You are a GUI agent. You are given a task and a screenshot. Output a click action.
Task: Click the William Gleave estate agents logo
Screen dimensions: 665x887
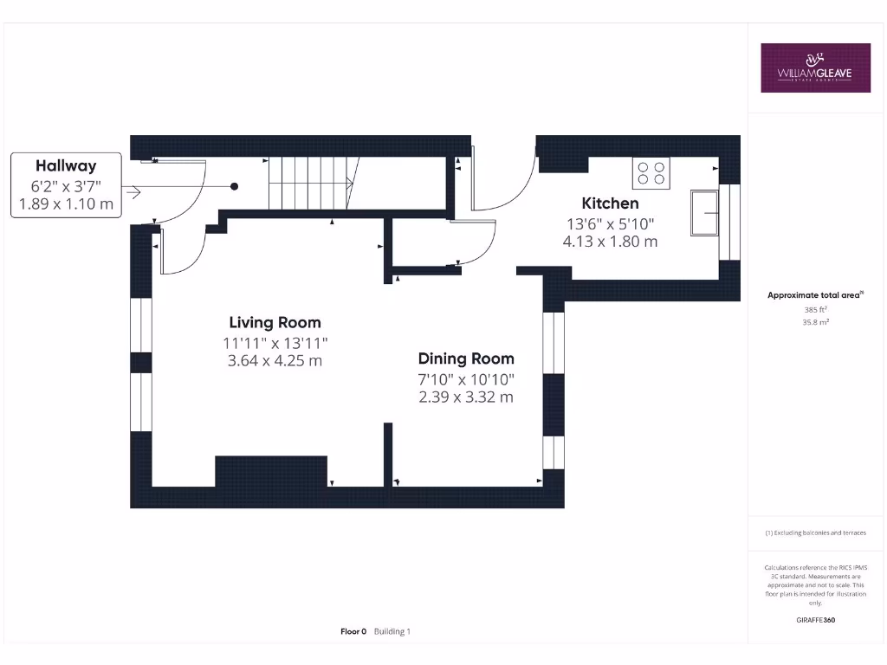click(x=815, y=68)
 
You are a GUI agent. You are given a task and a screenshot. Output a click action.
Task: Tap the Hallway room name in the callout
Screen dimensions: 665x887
click(x=66, y=165)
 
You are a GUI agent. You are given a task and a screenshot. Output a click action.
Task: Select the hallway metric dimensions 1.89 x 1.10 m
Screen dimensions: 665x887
click(x=66, y=204)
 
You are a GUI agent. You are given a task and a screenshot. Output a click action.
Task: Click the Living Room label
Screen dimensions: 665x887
click(x=275, y=323)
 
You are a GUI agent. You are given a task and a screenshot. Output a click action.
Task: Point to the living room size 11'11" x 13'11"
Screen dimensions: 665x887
click(x=275, y=343)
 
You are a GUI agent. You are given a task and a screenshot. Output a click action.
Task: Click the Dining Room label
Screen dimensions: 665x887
click(x=466, y=358)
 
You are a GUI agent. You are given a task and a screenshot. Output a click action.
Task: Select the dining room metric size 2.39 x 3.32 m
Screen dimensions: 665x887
click(x=466, y=397)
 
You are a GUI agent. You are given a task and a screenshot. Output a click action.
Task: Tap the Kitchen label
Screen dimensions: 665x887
click(x=610, y=203)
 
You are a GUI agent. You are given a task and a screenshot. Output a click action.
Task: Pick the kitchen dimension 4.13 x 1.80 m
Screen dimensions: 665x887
click(x=610, y=242)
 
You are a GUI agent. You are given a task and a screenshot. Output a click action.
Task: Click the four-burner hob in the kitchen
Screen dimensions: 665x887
click(x=651, y=173)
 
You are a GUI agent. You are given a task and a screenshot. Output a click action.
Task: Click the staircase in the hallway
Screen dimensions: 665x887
click(x=310, y=183)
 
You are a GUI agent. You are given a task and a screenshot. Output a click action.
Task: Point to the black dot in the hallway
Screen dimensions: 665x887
click(x=234, y=186)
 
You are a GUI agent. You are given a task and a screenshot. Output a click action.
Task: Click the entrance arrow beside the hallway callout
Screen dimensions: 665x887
click(x=132, y=191)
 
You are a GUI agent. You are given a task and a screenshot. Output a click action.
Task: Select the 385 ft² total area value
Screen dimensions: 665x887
click(x=815, y=309)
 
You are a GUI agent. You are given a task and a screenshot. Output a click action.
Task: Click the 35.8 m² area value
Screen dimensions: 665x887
click(x=815, y=321)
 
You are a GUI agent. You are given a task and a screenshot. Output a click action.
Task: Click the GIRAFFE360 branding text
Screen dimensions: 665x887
click(x=815, y=620)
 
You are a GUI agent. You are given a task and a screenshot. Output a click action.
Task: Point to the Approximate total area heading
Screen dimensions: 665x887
click(x=814, y=295)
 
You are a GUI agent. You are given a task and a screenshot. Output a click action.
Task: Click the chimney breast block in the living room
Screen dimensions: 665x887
click(x=271, y=471)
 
